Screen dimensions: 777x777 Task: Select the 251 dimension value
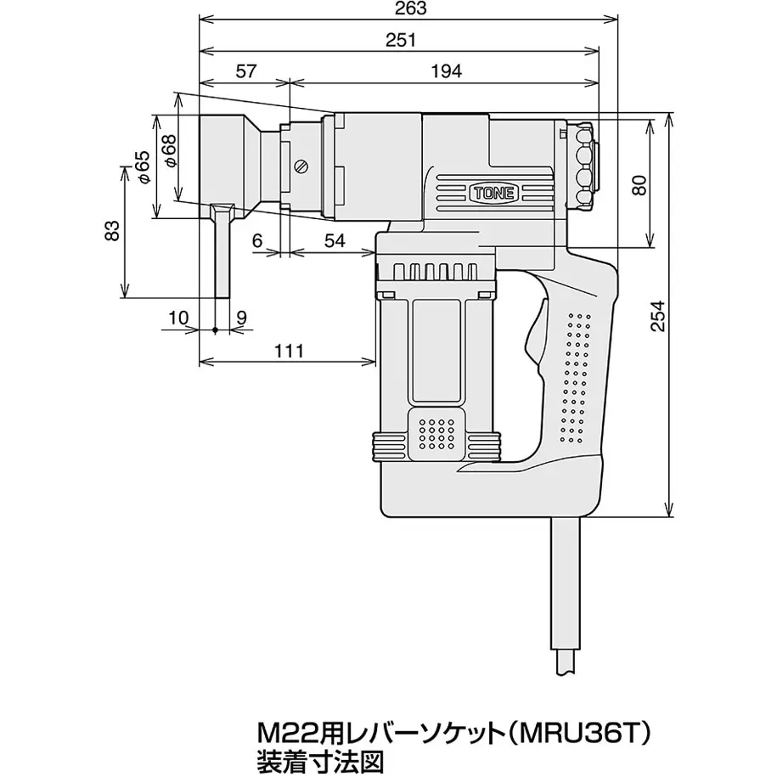401,40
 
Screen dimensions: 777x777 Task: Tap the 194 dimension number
446,71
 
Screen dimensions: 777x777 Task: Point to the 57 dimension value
245,71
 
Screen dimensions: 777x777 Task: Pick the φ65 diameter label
142,167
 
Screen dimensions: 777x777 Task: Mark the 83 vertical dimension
112,230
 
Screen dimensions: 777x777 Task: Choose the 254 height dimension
657,316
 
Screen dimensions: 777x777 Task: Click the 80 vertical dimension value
639,185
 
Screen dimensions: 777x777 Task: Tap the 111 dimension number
289,351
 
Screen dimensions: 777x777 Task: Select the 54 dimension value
335,241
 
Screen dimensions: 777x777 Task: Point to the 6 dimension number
256,241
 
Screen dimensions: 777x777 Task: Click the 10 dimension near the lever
179,317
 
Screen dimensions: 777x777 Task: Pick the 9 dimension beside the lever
241,317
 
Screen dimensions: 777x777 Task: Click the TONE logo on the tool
493,194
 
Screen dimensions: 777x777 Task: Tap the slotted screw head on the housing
301,166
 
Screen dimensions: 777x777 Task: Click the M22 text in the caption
279,732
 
